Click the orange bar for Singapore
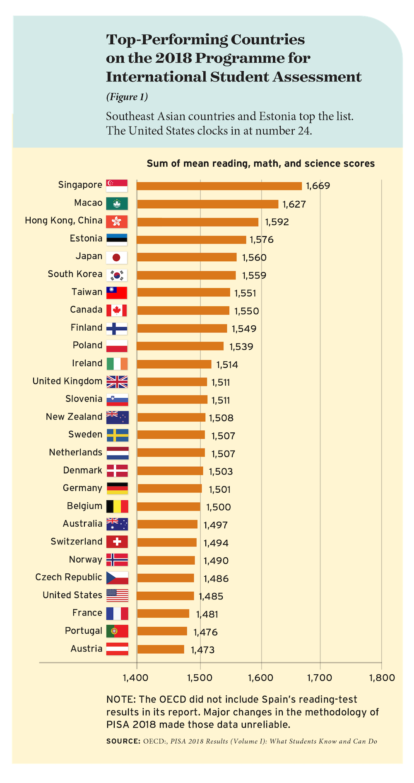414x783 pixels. click(x=219, y=186)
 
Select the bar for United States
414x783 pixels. click(x=166, y=596)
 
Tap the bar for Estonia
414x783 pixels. click(x=191, y=240)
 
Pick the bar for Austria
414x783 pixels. click(x=161, y=649)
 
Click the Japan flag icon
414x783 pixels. click(x=117, y=258)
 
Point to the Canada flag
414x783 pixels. click(x=117, y=310)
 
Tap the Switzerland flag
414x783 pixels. click(x=117, y=542)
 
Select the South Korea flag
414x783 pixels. click(x=117, y=275)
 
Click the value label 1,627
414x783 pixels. click(x=294, y=204)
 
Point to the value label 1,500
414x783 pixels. click(x=219, y=507)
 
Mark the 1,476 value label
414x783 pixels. click(x=205, y=632)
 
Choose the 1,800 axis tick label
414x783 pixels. click(x=382, y=678)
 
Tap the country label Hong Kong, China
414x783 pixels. click(x=63, y=220)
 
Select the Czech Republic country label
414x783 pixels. click(x=69, y=577)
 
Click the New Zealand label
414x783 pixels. click(x=74, y=417)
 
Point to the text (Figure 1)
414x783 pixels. click(x=127, y=97)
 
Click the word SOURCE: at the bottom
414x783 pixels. click(x=123, y=741)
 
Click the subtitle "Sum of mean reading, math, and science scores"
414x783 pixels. click(x=260, y=164)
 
